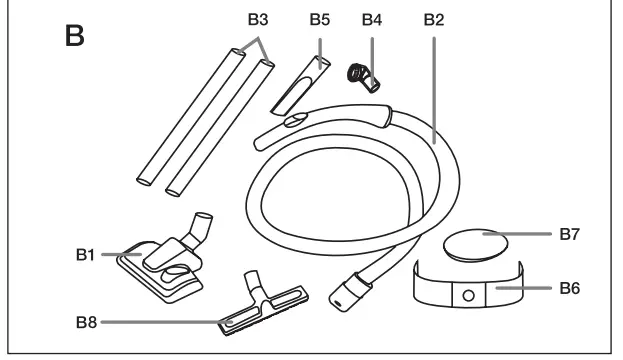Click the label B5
pos(318,20)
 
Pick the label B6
pos(567,287)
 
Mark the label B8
pos(86,322)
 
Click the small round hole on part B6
pos(467,295)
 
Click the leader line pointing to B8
pos(160,322)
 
